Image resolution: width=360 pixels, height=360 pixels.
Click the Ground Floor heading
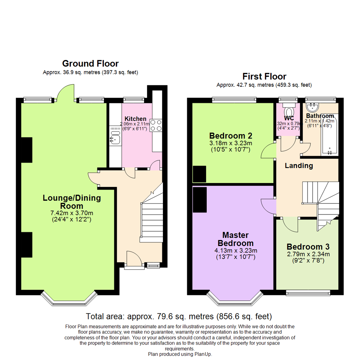90,63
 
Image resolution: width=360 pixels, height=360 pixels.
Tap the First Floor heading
264,76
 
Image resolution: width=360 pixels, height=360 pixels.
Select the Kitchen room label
135,119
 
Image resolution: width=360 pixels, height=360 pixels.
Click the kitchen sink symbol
115,138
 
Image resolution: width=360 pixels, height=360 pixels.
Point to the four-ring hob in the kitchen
156,125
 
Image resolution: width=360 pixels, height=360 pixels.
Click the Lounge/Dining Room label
72,202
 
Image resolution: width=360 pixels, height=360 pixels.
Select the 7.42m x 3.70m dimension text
72,213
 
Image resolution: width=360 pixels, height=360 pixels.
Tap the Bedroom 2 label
230,136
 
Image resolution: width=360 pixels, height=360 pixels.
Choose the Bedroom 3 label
308,247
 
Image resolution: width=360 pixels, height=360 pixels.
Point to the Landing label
299,166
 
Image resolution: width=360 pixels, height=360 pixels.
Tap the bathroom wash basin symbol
313,107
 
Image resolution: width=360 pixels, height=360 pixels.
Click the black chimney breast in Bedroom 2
199,174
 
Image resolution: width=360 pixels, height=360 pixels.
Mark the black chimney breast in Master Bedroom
199,199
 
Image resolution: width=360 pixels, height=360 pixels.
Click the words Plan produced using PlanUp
180,354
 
